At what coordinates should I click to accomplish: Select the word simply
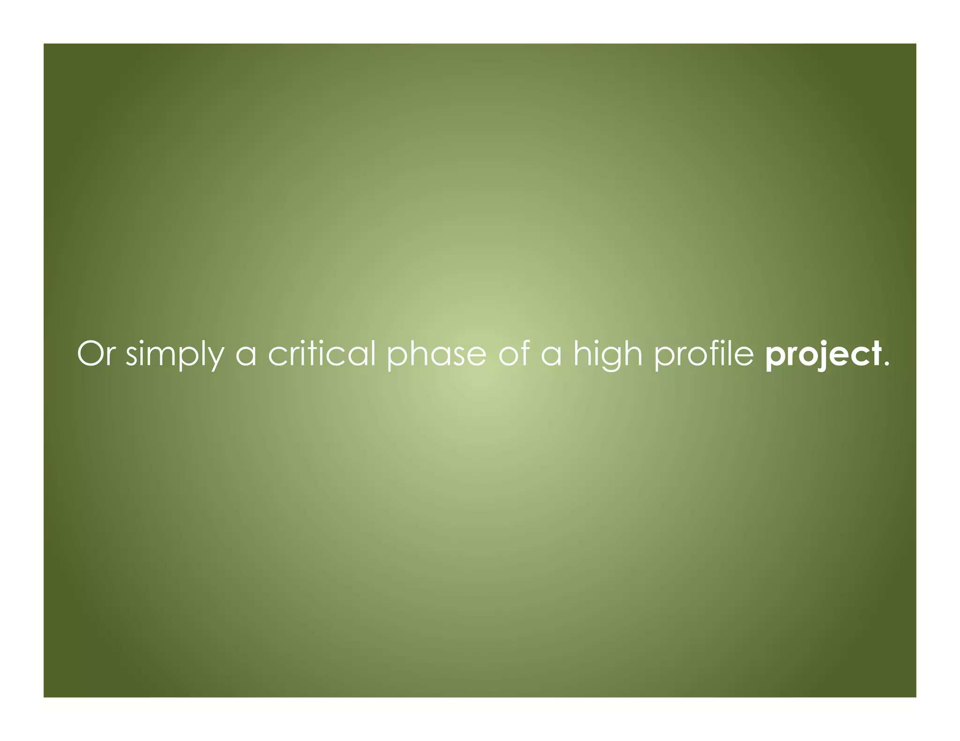[x=175, y=355]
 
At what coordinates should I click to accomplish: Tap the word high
[x=607, y=355]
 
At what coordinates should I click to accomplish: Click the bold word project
[x=823, y=355]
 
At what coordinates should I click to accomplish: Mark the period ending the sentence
[x=886, y=364]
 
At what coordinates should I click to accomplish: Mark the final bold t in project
[x=875, y=355]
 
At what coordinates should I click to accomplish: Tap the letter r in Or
[x=110, y=356]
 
